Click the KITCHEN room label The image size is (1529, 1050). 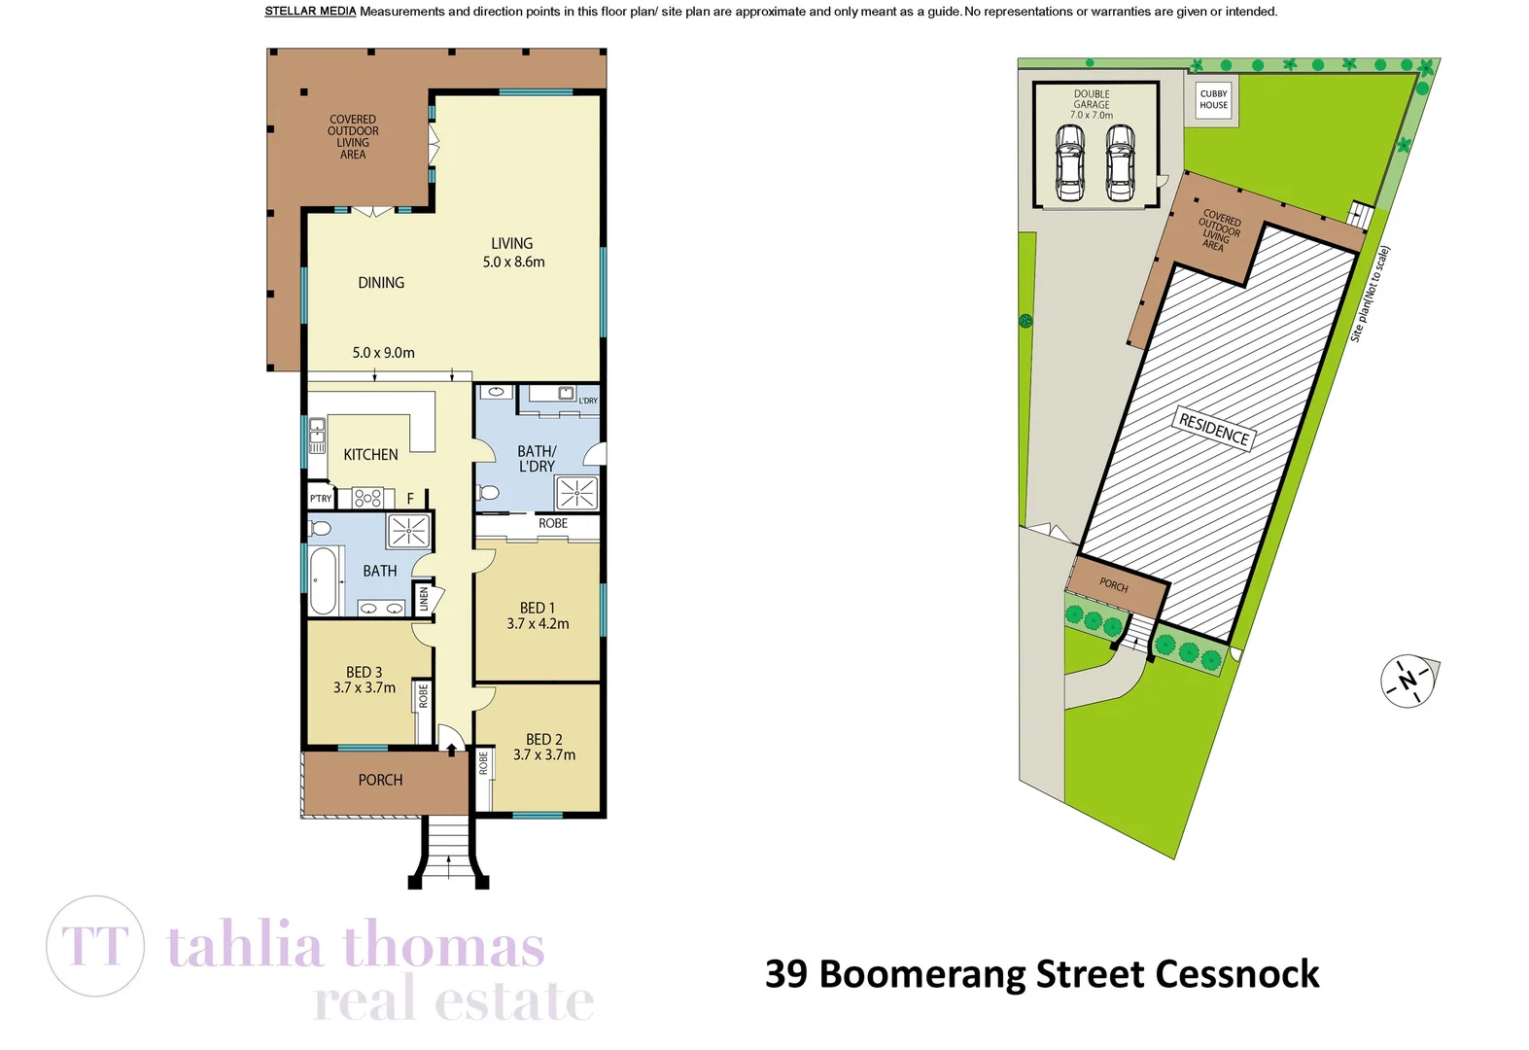tap(370, 454)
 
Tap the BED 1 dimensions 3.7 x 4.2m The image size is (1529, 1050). tap(538, 624)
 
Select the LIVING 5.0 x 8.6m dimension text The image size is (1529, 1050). tap(513, 262)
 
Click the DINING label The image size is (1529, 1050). tap(380, 283)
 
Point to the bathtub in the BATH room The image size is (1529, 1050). tap(324, 580)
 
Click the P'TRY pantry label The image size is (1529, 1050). tap(320, 499)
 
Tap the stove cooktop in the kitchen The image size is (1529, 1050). tap(368, 499)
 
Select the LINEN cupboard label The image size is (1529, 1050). tap(424, 599)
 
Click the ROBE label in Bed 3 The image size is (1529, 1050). tap(424, 695)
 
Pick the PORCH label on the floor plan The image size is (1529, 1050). tap(380, 780)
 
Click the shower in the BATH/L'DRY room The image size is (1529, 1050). tap(576, 493)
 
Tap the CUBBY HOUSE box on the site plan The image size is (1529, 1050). tap(1213, 99)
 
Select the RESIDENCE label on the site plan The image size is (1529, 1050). tap(1213, 428)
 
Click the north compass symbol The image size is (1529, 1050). tap(1408, 681)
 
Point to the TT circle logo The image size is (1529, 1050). tap(95, 946)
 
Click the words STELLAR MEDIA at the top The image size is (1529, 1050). tap(310, 12)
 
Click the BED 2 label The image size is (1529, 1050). tap(543, 739)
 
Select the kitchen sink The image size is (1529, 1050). tap(317, 436)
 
